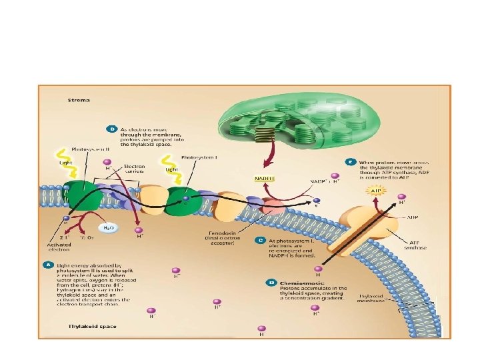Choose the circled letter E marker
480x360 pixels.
(x=351, y=161)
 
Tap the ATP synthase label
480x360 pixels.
(x=417, y=244)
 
